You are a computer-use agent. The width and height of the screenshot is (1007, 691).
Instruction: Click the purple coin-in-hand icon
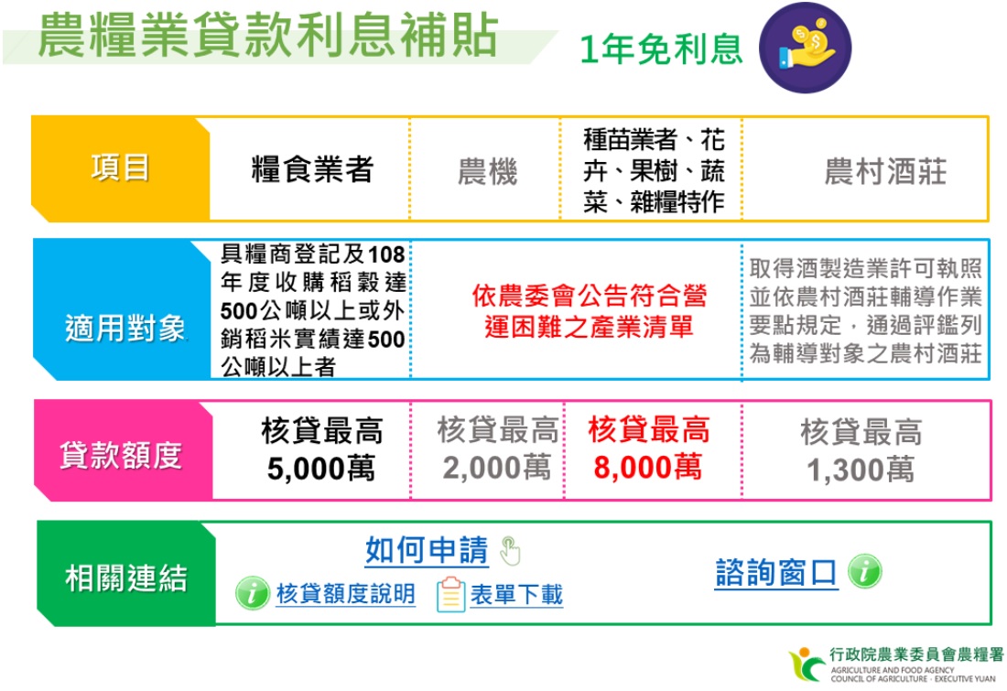(x=805, y=49)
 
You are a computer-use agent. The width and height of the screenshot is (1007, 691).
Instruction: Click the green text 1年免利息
(x=661, y=49)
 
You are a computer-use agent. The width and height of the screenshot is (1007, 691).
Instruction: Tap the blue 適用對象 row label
(x=124, y=329)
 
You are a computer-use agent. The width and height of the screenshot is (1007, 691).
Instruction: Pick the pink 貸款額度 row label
(x=122, y=455)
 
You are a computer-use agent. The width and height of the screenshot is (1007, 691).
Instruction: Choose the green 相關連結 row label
(x=126, y=578)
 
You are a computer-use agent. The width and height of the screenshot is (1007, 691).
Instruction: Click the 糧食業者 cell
(x=312, y=169)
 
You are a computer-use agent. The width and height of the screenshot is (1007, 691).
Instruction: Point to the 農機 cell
(x=487, y=172)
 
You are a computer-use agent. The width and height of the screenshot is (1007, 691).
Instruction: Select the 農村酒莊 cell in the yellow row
(x=885, y=172)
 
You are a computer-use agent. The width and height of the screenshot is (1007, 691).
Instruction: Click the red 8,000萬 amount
(x=647, y=468)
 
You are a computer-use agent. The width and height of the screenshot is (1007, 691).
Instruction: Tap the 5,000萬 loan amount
(x=321, y=469)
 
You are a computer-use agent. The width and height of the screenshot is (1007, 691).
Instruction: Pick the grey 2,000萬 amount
(x=497, y=468)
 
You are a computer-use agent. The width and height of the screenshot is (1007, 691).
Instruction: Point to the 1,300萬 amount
(x=861, y=470)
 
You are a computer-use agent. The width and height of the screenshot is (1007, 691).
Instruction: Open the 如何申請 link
(x=428, y=551)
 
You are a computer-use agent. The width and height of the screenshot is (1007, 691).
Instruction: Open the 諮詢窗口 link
(x=776, y=573)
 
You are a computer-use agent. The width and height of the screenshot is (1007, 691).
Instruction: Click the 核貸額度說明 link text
(x=345, y=594)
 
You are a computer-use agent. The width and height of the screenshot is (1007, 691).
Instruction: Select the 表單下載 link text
(x=516, y=595)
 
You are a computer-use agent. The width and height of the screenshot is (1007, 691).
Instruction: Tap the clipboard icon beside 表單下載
(x=450, y=594)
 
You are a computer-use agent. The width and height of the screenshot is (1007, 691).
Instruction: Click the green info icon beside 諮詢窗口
(x=864, y=571)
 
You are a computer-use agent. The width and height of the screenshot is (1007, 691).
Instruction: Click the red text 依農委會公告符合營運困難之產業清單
(x=589, y=311)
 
